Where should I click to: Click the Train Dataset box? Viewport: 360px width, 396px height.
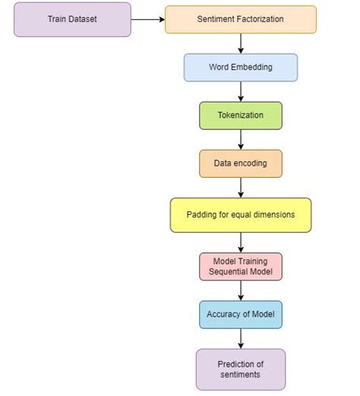point(72,18)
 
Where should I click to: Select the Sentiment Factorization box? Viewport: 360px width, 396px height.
point(241,19)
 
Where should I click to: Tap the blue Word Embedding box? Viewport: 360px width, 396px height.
point(241,67)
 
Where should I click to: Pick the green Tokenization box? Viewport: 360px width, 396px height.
point(241,115)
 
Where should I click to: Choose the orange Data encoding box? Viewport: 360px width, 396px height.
point(241,163)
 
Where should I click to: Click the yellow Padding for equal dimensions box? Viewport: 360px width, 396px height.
point(241,214)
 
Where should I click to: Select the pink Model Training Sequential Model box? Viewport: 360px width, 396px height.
point(241,267)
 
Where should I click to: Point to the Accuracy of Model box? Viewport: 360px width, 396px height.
point(241,314)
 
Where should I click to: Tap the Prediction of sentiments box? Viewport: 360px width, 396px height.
point(241,369)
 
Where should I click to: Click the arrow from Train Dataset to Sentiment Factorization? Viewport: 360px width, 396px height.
point(148,19)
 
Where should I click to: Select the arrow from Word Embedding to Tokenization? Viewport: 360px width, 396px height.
point(241,91)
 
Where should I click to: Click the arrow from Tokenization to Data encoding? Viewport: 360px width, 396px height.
point(241,139)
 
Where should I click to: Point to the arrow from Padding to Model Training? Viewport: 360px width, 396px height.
point(241,242)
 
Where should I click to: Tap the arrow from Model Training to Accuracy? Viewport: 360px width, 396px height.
point(241,290)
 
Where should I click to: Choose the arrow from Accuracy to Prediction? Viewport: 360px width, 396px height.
point(241,339)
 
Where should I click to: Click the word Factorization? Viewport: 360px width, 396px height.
point(261,19)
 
